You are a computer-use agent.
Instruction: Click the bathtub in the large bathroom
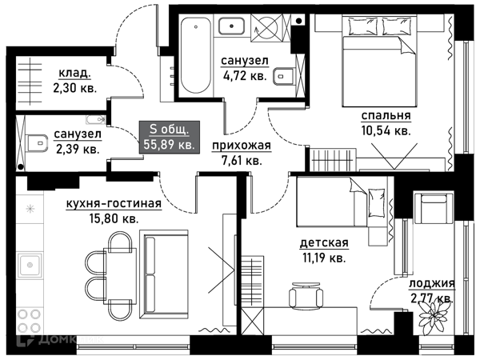196,54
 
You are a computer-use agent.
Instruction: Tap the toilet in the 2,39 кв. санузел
37,143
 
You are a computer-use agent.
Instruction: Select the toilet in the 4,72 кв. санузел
284,76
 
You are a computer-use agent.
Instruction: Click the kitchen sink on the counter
30,265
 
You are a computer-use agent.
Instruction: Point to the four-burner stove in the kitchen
30,321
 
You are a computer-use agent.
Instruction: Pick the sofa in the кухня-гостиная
164,274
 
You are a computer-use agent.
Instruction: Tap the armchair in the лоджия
433,209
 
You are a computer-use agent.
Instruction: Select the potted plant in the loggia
433,314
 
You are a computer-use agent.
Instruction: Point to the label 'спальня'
386,116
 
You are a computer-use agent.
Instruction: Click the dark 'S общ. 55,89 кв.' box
170,137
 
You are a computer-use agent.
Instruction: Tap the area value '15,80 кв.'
114,218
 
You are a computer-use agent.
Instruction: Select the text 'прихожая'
242,146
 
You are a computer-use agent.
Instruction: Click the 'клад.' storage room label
74,74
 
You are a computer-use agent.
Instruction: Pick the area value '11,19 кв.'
324,258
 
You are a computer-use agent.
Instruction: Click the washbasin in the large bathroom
231,26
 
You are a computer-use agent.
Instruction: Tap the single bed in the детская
341,202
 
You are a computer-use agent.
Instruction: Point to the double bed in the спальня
379,62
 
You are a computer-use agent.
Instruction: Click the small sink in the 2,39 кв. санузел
95,120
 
